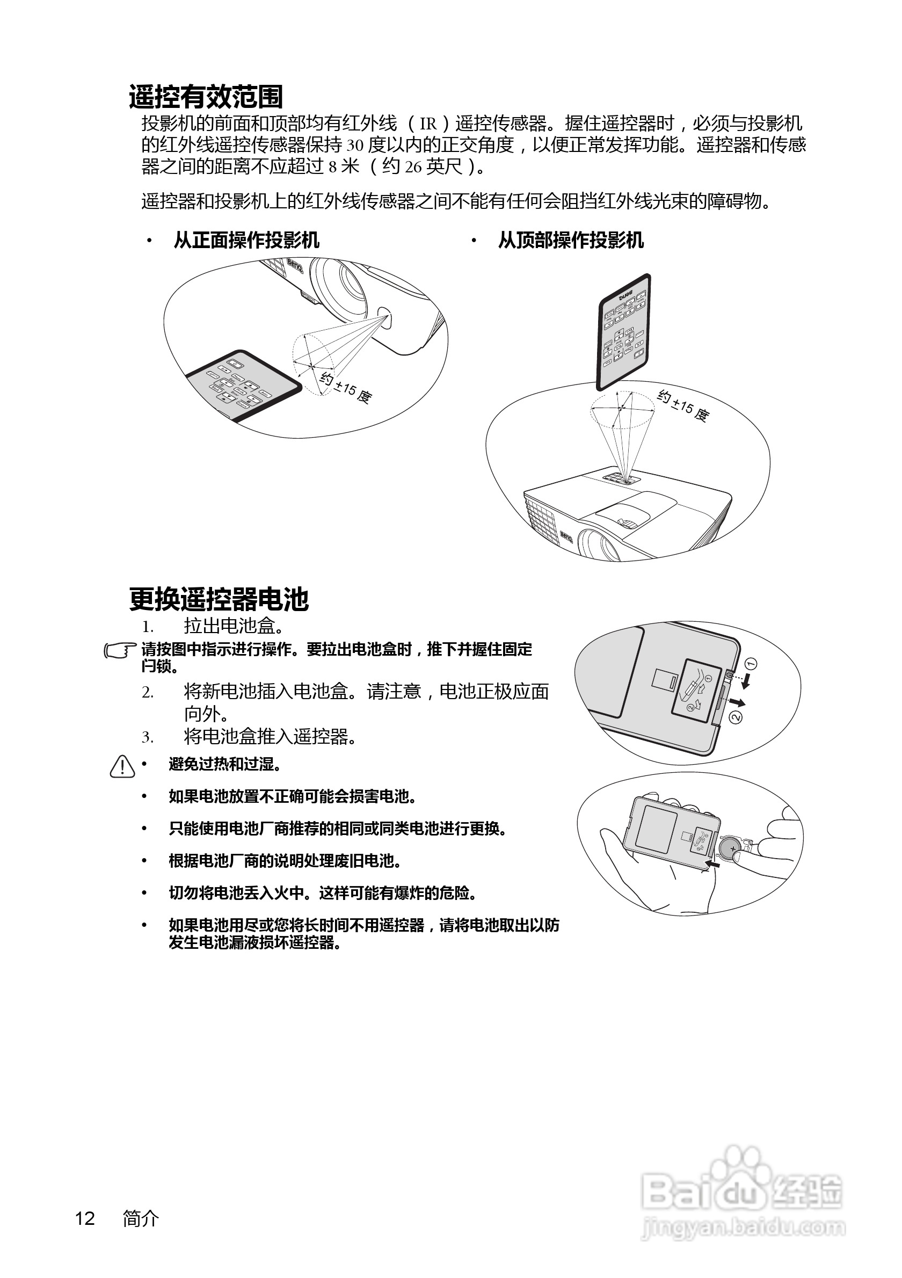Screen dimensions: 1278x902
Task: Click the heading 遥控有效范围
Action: (x=206, y=97)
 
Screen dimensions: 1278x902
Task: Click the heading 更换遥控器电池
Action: (x=219, y=599)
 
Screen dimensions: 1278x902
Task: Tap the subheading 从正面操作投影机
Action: (x=246, y=241)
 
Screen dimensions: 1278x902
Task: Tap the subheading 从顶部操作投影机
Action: (x=571, y=241)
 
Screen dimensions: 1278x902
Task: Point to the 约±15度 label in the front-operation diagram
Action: (x=346, y=387)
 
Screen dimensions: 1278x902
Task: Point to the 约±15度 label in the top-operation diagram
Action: (x=683, y=406)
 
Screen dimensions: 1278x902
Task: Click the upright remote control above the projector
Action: (x=624, y=332)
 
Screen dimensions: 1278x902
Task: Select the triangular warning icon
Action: (x=122, y=766)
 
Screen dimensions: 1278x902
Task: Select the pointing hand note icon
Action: (x=120, y=650)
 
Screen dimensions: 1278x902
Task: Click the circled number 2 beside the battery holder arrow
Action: (x=735, y=717)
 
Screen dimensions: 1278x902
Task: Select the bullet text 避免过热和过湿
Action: (x=224, y=764)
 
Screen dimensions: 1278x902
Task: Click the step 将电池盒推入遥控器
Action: (x=270, y=737)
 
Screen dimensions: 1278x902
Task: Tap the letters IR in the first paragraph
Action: (x=428, y=124)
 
